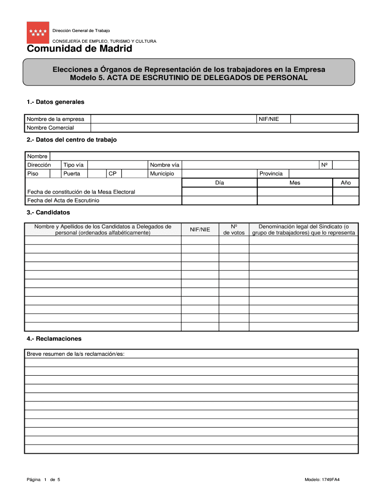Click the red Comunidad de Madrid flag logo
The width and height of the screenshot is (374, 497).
38,33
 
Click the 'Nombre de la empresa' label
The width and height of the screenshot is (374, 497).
55,119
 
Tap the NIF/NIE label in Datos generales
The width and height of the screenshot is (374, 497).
269,119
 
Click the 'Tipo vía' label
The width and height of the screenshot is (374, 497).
73,165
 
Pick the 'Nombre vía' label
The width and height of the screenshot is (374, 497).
165,165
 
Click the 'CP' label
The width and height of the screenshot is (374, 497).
112,174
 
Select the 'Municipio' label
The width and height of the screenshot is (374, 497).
162,174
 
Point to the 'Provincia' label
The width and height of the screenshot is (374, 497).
271,174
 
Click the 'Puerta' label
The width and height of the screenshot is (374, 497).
72,174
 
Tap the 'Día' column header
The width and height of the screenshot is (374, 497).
219,183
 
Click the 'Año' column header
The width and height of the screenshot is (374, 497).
345,183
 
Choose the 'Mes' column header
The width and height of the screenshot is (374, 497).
295,183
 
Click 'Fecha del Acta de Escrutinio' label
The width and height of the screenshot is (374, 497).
63,200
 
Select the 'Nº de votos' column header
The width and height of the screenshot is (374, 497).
234,230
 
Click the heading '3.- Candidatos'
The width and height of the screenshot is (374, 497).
49,213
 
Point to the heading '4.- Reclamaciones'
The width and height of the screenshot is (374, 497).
54,339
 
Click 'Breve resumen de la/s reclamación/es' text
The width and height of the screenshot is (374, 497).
76,354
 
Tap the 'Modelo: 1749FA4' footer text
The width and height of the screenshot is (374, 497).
322,480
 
